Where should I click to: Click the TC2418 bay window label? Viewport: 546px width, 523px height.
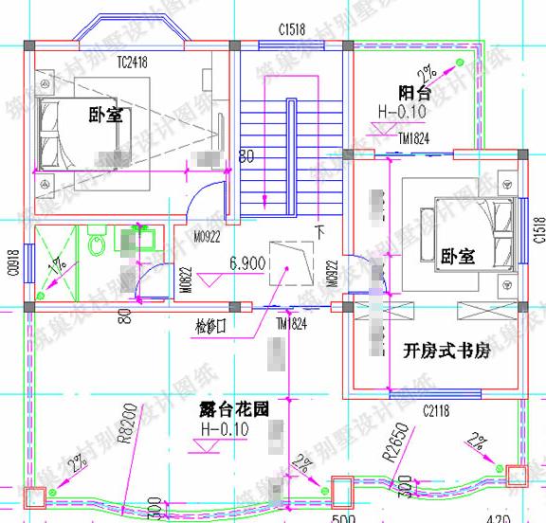coord(136,62)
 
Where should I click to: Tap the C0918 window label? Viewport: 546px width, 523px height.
coord(11,259)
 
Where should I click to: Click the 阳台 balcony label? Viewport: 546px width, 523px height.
coord(414,93)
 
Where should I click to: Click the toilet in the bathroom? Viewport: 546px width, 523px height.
coord(96,244)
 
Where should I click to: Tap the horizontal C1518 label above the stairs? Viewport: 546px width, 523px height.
coord(292,30)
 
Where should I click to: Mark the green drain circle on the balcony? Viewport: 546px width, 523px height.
coord(458,63)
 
